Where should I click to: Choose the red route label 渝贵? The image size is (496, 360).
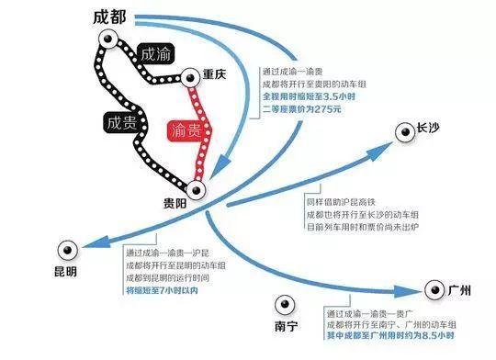pos(187,131)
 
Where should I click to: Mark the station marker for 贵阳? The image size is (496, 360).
pos(199,190)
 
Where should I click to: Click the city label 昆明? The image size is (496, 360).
pos(66,273)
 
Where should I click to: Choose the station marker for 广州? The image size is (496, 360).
pos(432,292)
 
